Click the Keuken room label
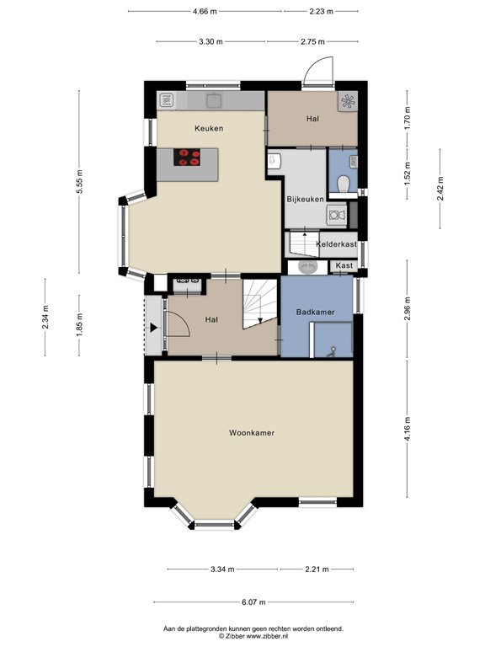(209, 128)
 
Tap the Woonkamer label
(252, 433)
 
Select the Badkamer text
(316, 312)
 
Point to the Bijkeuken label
(305, 200)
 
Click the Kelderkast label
(337, 243)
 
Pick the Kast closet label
(344, 265)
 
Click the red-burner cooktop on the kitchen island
(187, 158)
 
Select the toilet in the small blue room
(344, 184)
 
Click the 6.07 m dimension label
(253, 602)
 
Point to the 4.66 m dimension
(205, 12)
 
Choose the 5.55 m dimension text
(80, 182)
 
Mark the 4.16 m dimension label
(408, 429)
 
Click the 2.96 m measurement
(408, 308)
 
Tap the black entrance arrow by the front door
(153, 328)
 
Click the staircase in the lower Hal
(259, 303)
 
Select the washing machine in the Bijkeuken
(337, 216)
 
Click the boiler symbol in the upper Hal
(347, 101)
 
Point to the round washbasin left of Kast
(307, 267)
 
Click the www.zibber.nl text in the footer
(267, 636)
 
